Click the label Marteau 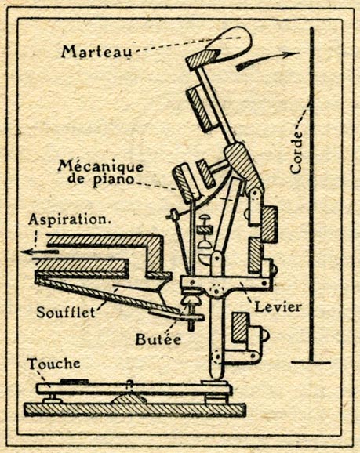(x=96, y=52)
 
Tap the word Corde (x=296, y=153)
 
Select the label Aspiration (x=70, y=220)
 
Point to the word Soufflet (x=66, y=312)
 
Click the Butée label (x=158, y=339)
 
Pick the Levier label (x=278, y=306)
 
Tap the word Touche (x=54, y=364)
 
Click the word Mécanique (x=100, y=166)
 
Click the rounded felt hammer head (x=230, y=43)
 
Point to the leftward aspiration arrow (x=40, y=252)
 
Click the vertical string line (x=311, y=194)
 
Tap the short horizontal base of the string (x=311, y=362)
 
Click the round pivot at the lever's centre (x=216, y=290)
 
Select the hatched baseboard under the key (x=135, y=410)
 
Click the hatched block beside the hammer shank (x=200, y=109)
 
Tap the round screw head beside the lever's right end (x=274, y=270)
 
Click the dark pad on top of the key (x=74, y=381)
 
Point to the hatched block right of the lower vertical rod (x=240, y=328)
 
